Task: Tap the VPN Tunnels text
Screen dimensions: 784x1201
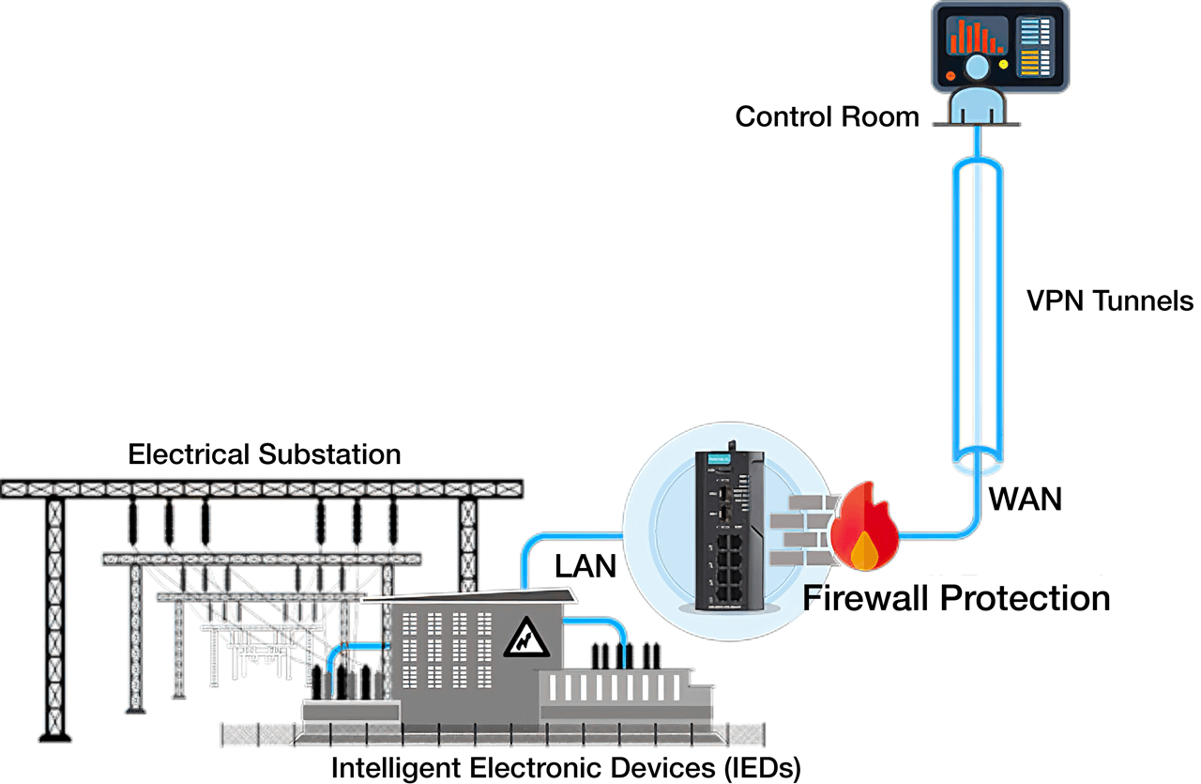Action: coord(1110,301)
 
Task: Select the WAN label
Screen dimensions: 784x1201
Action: coord(1026,500)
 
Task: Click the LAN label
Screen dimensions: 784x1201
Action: coord(585,566)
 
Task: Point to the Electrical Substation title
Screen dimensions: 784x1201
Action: coord(264,455)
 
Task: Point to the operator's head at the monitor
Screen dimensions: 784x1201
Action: coord(977,68)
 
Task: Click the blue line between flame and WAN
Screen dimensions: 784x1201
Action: coord(938,535)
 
